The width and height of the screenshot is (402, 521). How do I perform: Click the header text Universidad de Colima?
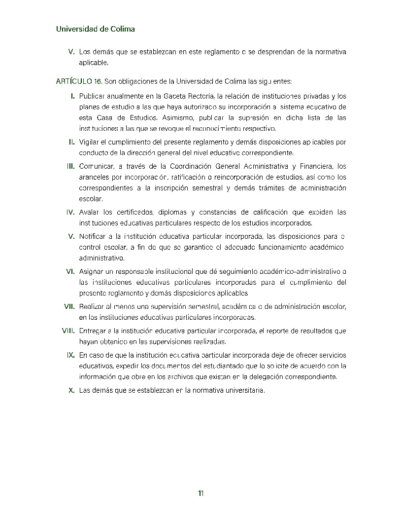96,29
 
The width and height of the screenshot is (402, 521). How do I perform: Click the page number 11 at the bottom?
201,493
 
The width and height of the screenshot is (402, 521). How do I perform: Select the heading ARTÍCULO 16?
79,81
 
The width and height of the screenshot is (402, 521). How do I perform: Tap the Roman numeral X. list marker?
71,390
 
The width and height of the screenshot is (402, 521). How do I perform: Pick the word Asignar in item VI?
91,271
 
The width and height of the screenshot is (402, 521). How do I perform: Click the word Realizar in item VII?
92,306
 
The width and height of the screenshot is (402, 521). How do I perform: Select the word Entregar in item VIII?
93,331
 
